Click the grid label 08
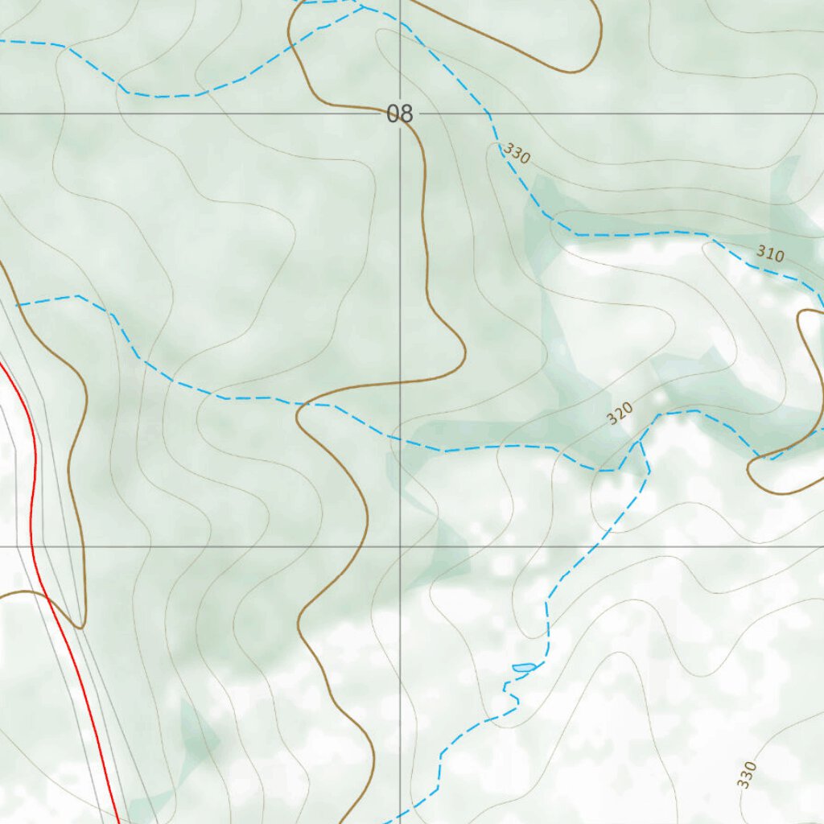point(399,113)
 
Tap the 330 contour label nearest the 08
point(517,153)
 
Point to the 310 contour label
point(770,254)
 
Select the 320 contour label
point(620,414)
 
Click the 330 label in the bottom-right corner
point(747,774)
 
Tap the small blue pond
point(523,667)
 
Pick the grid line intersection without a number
point(401,547)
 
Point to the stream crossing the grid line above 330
point(488,113)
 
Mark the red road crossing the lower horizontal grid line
point(31,547)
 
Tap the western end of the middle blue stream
point(18,305)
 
